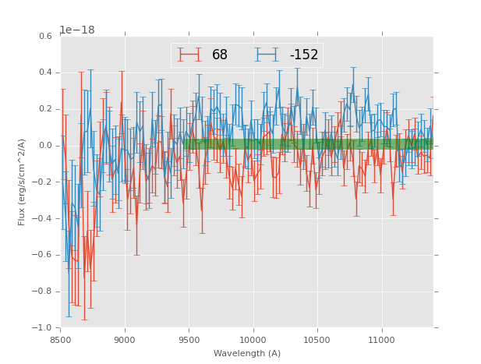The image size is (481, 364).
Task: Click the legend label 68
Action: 220,55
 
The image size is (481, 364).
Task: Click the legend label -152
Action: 303,55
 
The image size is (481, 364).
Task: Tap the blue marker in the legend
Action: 267,55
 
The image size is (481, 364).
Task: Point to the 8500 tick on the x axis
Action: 61,340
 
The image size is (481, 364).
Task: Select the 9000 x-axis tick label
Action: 125,340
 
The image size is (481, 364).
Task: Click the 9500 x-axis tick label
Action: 189,340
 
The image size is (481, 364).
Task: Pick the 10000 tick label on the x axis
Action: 253,340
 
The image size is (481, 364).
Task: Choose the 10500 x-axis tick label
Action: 317,340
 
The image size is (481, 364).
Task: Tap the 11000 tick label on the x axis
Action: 381,340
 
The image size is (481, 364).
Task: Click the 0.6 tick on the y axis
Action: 45,36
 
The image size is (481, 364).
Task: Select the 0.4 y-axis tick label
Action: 45,72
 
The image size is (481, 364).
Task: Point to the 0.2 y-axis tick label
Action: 45,109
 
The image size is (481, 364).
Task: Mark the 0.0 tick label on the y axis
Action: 45,146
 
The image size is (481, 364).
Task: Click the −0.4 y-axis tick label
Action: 43,218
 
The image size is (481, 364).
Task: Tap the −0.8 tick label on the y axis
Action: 43,292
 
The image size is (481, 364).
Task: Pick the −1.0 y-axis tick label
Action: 43,327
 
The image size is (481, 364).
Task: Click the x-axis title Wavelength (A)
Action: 247,354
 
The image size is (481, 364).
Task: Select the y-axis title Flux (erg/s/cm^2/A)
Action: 23,182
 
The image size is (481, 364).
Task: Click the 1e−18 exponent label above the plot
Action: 77,30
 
